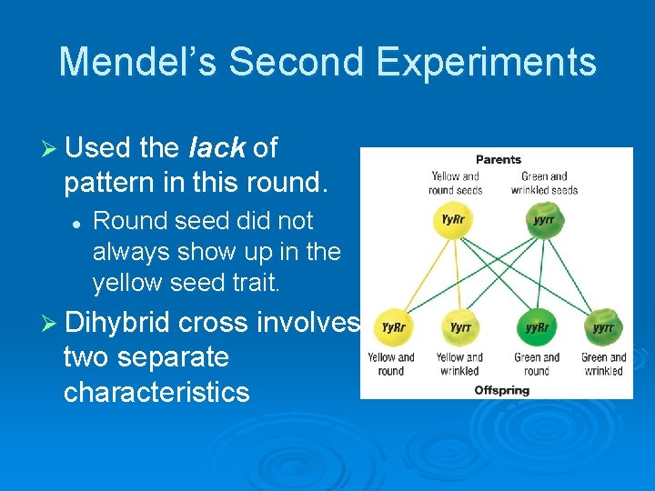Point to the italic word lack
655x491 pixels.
point(217,147)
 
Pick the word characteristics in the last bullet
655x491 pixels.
point(156,392)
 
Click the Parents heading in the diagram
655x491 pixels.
point(498,159)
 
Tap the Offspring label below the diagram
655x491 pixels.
point(501,390)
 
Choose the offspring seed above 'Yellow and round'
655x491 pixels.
point(393,327)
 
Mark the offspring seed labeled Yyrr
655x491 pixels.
point(459,327)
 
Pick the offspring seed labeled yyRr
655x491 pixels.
point(537,327)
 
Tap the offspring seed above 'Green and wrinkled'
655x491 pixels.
point(603,327)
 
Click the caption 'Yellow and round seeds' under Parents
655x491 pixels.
point(455,183)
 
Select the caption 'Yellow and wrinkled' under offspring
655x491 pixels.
point(459,364)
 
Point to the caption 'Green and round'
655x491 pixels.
point(537,364)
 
